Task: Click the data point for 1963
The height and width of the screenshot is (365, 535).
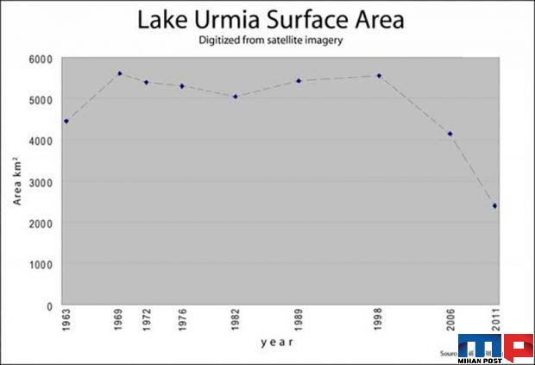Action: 66,121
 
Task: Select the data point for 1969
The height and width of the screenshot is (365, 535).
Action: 119,73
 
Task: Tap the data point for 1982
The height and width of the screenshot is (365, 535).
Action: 235,96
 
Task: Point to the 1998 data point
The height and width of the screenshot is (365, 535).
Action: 378,75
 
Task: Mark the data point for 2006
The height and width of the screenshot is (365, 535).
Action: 450,134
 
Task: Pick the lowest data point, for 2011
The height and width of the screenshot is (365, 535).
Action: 494,205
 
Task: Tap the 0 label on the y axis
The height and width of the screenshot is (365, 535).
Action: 49,306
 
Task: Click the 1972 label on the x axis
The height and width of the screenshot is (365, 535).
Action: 146,321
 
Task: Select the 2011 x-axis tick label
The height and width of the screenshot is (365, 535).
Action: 494,321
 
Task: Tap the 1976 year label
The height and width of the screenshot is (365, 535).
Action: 181,321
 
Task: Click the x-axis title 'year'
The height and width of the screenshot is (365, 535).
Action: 277,343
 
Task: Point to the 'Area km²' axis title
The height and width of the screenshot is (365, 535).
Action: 17,182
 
